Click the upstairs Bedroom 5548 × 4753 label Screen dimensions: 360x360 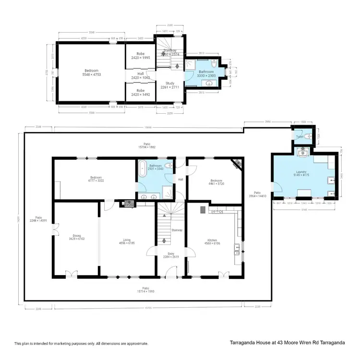coord(91,72)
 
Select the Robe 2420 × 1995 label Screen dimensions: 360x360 coord(141,56)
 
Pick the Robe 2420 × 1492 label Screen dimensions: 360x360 coord(141,92)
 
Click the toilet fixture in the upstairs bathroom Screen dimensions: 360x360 coord(214,65)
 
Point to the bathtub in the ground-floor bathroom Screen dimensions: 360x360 coord(142,169)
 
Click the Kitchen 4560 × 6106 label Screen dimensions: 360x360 coord(212,242)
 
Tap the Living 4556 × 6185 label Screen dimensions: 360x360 coord(127,241)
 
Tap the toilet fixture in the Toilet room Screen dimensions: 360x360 coord(309,137)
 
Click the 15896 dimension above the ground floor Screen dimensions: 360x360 coord(149,127)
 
